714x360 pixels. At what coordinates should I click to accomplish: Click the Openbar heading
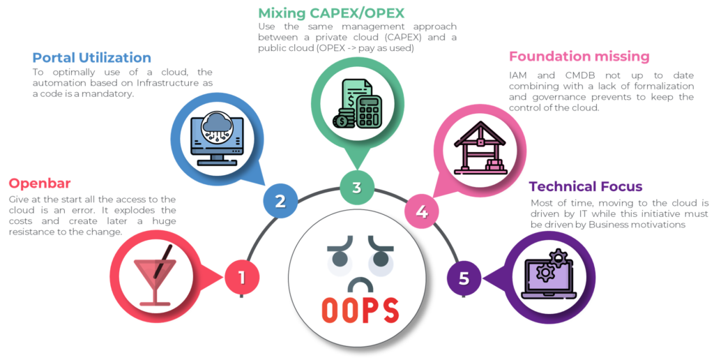(40, 184)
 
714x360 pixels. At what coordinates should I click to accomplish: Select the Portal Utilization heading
(92, 57)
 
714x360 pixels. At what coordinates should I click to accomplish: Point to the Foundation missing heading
(579, 57)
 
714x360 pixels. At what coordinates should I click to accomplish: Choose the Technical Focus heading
(586, 186)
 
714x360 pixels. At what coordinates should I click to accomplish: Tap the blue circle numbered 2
(280, 201)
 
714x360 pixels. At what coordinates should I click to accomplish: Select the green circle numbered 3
(356, 187)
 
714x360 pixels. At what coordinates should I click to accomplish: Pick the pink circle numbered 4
(421, 210)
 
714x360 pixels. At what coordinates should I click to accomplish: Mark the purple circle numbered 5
(464, 278)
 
